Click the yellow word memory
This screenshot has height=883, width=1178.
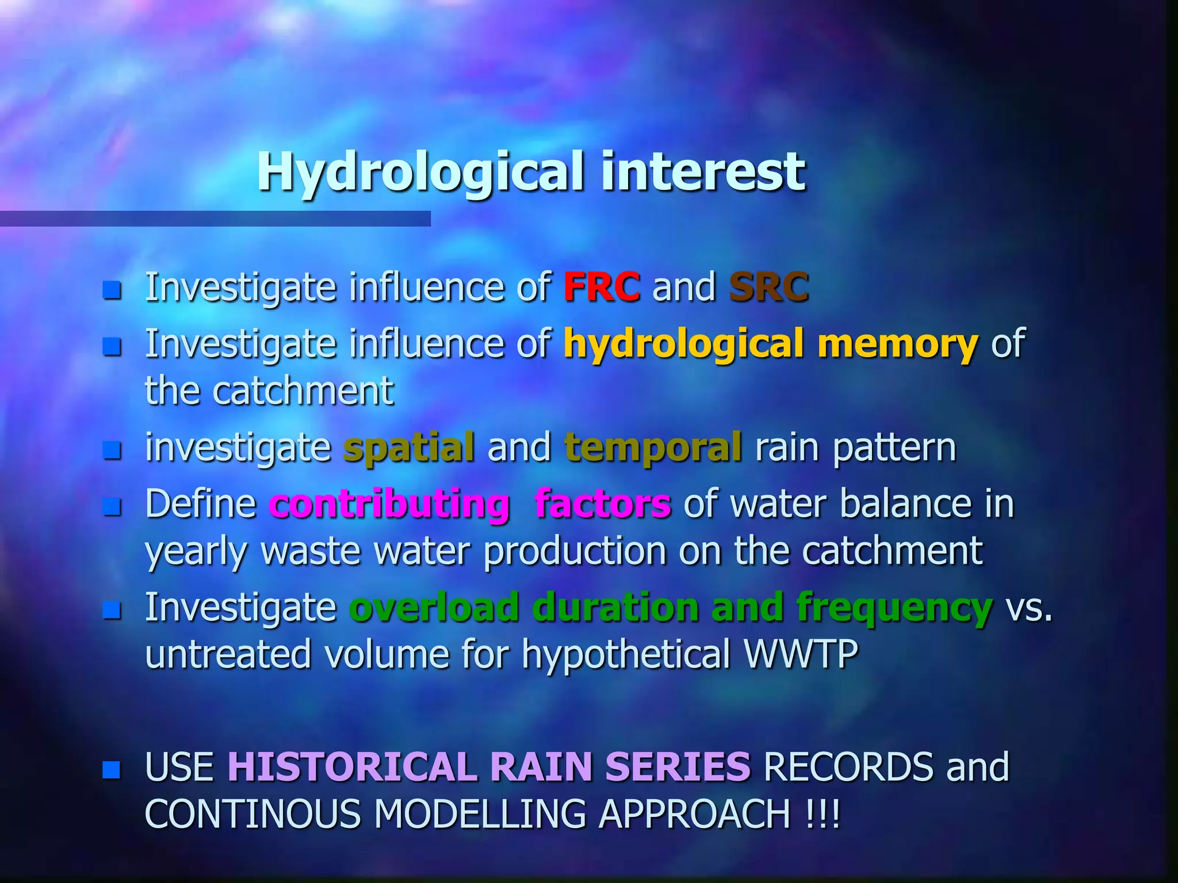(897, 343)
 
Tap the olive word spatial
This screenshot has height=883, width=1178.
(409, 448)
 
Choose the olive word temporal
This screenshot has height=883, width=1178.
(653, 448)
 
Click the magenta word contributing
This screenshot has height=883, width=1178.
(389, 504)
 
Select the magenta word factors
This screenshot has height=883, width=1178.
(602, 504)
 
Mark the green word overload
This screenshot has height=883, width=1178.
(434, 607)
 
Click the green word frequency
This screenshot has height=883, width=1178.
(894, 608)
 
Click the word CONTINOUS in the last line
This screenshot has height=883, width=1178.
(253, 814)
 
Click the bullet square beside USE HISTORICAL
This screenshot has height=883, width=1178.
(112, 769)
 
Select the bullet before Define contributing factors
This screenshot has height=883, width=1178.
(112, 506)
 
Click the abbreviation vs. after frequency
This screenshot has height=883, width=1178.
(1028, 607)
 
